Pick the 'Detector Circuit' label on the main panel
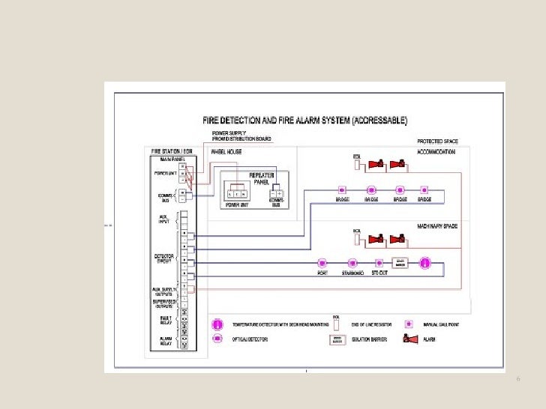point(164,258)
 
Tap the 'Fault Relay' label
point(165,320)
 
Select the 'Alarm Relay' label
point(165,340)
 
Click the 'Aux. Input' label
point(165,219)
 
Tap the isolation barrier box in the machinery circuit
point(400,264)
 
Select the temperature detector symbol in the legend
point(218,324)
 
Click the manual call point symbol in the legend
point(409,324)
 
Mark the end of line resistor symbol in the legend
point(337,325)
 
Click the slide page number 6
point(517,381)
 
